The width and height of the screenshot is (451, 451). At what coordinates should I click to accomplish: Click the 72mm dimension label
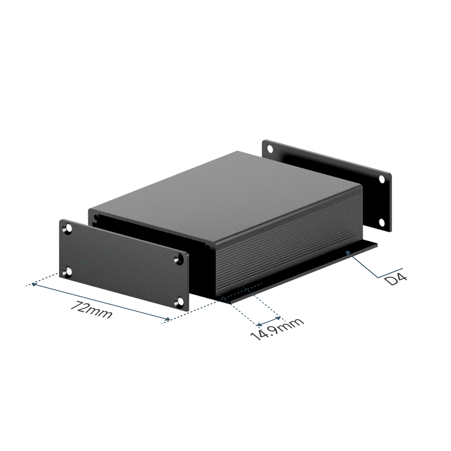coord(91,310)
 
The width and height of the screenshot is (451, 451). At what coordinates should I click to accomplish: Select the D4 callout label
coord(396,279)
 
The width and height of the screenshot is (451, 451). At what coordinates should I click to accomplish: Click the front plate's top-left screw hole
coord(69,229)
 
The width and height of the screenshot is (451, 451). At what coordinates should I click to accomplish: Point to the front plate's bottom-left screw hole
coord(69,272)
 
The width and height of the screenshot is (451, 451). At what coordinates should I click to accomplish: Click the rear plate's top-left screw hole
coord(270,149)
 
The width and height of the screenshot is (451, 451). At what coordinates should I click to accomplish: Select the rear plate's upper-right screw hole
coord(382,179)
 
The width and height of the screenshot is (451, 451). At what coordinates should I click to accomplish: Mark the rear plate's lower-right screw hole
coord(382,222)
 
